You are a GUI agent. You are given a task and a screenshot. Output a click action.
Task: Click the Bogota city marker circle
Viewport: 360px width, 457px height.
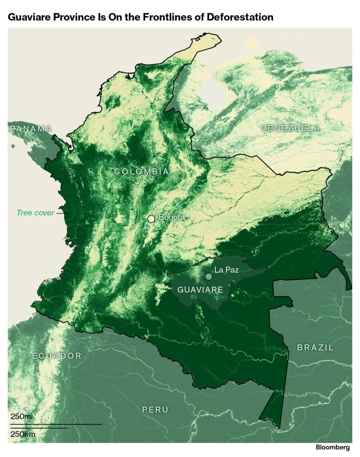point(151,219)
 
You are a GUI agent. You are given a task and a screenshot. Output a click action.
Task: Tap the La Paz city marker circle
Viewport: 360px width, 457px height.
point(209,276)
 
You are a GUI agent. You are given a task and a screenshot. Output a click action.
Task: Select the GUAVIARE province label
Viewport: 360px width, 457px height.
point(200,290)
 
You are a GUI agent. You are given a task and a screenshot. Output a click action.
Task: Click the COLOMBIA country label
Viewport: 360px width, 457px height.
point(142,171)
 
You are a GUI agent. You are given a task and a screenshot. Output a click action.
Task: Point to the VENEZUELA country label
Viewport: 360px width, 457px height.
point(291,128)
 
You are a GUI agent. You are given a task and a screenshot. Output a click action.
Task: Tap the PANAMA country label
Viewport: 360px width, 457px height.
point(30,129)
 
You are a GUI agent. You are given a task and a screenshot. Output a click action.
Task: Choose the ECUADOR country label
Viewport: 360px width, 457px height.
point(57,356)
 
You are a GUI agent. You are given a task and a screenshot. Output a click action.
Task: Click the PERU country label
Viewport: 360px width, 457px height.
point(155,409)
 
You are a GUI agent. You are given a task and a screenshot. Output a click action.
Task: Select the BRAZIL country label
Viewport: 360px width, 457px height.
point(315,347)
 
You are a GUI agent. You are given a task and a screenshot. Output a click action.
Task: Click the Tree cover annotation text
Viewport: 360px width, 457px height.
point(35,213)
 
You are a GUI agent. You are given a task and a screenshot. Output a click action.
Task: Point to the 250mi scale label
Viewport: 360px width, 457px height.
point(21,416)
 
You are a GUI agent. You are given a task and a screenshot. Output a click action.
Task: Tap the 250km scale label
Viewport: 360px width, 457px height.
point(22,434)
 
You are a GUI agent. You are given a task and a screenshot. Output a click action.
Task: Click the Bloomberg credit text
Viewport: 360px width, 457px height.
point(332,447)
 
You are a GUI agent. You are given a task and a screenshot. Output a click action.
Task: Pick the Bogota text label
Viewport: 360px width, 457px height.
point(171,217)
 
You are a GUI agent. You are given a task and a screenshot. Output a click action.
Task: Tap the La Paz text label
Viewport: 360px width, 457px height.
point(226,270)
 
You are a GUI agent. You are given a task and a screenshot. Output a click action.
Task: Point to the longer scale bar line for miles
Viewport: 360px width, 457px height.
point(56,424)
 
